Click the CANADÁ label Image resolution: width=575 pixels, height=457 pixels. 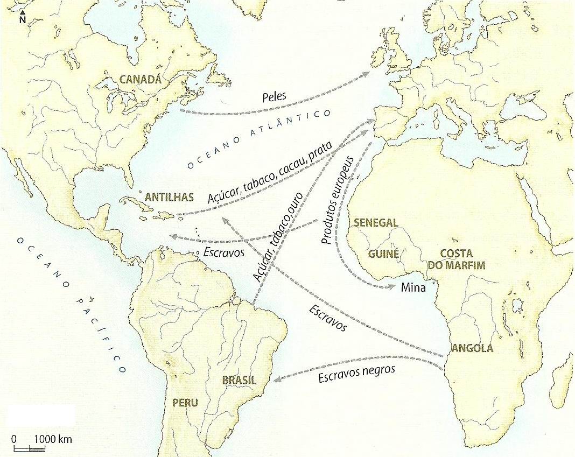point(140,80)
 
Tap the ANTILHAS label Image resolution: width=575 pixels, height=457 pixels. point(169,197)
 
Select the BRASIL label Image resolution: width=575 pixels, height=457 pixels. point(239,381)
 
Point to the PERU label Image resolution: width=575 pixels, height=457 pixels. point(185,402)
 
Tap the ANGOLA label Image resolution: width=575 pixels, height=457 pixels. point(472,348)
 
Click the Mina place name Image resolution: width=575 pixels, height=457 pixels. point(413,288)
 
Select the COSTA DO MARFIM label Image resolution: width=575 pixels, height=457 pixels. point(456,259)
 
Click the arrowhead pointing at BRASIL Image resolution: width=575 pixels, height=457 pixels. point(277,379)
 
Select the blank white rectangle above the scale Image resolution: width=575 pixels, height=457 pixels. point(41,417)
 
